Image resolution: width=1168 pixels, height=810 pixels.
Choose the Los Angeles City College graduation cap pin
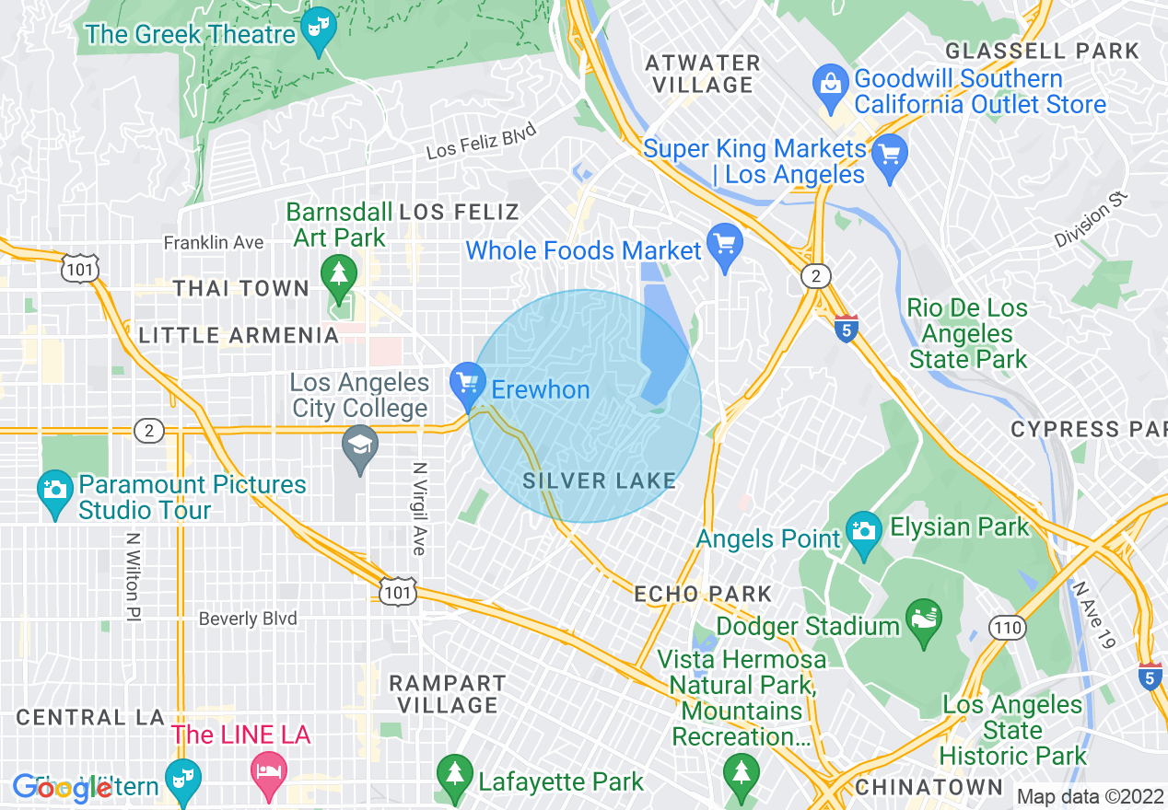coord(360,445)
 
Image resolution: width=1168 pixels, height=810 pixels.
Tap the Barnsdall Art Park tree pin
coord(339,274)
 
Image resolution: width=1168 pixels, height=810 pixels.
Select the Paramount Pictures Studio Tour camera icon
coord(55,489)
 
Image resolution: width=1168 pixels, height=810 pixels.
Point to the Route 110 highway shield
coord(1008,628)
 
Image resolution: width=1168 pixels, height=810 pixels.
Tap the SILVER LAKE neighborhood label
coord(600,480)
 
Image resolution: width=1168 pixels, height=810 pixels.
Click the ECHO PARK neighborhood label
coord(703,594)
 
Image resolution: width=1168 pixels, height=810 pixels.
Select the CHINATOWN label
coord(929,787)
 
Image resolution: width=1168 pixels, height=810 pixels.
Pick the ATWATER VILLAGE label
coord(703,74)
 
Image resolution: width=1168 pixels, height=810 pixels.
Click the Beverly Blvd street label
coord(248,619)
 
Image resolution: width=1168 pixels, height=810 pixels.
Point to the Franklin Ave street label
coord(214,243)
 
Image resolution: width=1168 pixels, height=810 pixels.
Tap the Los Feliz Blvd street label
coord(482,143)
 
